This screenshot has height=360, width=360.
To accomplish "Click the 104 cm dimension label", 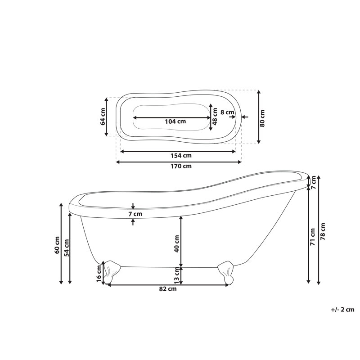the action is (x=175, y=121).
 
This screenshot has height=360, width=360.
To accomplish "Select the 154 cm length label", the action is (x=181, y=156).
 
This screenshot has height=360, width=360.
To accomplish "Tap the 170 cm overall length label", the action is (x=181, y=166).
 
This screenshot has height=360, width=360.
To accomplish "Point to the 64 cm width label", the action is (x=103, y=117).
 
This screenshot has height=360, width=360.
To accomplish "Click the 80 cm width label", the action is (x=262, y=118).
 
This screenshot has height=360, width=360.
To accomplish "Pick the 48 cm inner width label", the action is (x=215, y=117).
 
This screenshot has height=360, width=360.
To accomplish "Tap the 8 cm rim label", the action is (x=227, y=112).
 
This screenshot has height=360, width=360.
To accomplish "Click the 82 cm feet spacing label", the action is (x=168, y=289).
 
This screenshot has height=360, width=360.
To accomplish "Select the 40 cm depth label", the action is (x=176, y=244).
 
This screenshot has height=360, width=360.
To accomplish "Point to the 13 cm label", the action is (x=176, y=275).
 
